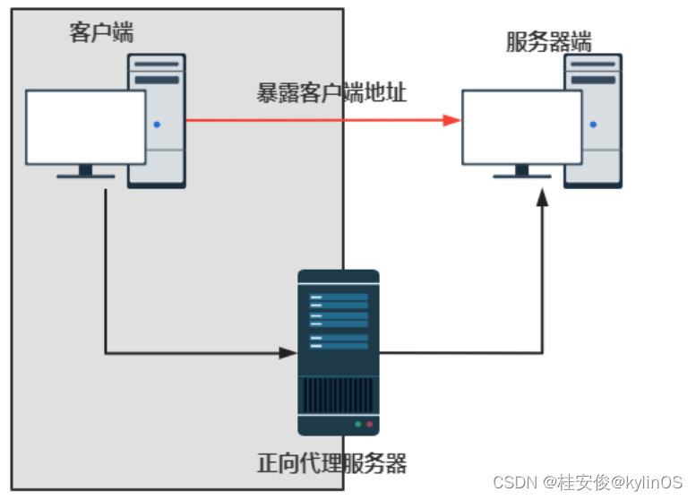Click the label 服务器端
pos(548,41)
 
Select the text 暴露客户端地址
pos(331,92)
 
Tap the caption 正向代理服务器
pos(331,463)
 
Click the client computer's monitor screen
pos(85,126)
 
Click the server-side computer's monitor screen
pos(521,126)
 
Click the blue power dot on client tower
pos(157,125)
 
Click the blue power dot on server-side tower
pos(593,125)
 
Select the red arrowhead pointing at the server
pos(451,120)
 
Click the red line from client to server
pos(314,120)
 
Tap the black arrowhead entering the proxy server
pos(288,353)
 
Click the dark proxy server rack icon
pos(339,341)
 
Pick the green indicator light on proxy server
pos(358,423)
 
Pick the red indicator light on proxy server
pos(369,423)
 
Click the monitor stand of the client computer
pos(85,171)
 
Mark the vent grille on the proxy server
pos(339,394)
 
